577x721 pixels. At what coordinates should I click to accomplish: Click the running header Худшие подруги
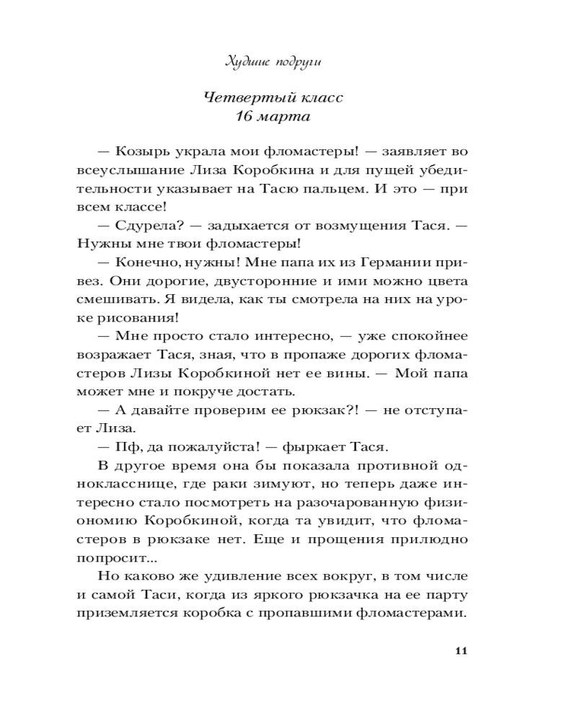(x=272, y=63)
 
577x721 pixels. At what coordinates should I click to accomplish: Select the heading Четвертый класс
(x=272, y=98)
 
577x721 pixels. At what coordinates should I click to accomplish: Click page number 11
(x=462, y=651)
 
